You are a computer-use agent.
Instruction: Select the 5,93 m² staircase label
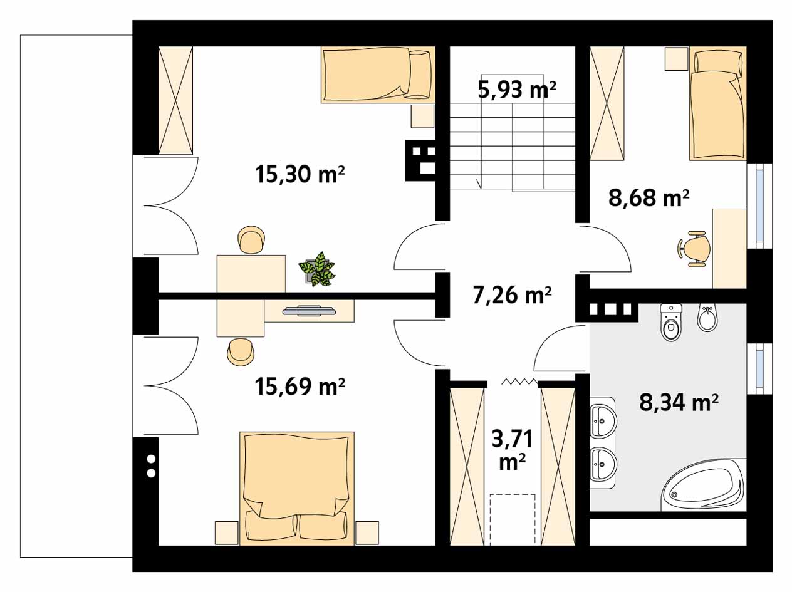pyautogui.click(x=517, y=90)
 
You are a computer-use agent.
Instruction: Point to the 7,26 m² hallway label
pyautogui.click(x=511, y=294)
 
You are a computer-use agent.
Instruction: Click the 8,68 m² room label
pyautogui.click(x=649, y=198)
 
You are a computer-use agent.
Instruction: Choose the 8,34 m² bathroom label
pyautogui.click(x=679, y=402)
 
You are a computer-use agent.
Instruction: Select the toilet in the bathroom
pyautogui.click(x=670, y=323)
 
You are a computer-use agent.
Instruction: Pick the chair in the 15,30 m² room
pyautogui.click(x=251, y=241)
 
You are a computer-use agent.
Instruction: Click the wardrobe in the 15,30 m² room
pyautogui.click(x=175, y=100)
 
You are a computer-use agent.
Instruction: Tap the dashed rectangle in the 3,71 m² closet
pyautogui.click(x=513, y=519)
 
